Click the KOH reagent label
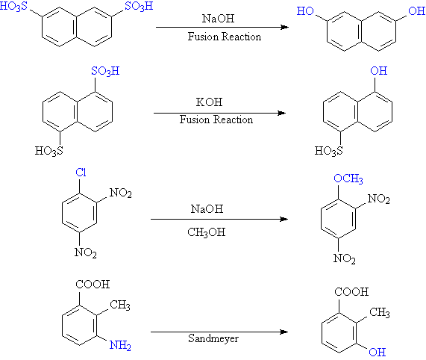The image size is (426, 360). [209, 102]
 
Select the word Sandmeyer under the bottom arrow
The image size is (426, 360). [213, 339]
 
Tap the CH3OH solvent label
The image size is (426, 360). [207, 232]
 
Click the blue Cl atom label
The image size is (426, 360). [81, 173]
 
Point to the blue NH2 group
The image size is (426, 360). [120, 345]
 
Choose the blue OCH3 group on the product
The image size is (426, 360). [348, 179]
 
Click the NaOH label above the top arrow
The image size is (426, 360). [218, 19]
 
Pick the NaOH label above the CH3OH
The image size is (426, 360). [207, 209]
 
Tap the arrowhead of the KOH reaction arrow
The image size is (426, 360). [282, 113]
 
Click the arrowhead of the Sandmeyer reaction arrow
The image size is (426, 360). [284, 332]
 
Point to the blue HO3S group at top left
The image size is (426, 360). [13, 7]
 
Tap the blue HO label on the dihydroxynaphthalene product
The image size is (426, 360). [305, 11]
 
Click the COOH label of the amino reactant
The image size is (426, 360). [93, 285]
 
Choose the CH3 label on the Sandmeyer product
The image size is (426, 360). [380, 312]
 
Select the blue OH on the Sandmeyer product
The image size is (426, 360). [378, 353]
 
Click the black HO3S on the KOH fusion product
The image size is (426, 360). [329, 151]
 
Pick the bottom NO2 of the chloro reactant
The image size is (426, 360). [86, 252]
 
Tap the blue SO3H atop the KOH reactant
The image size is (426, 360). [105, 72]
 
